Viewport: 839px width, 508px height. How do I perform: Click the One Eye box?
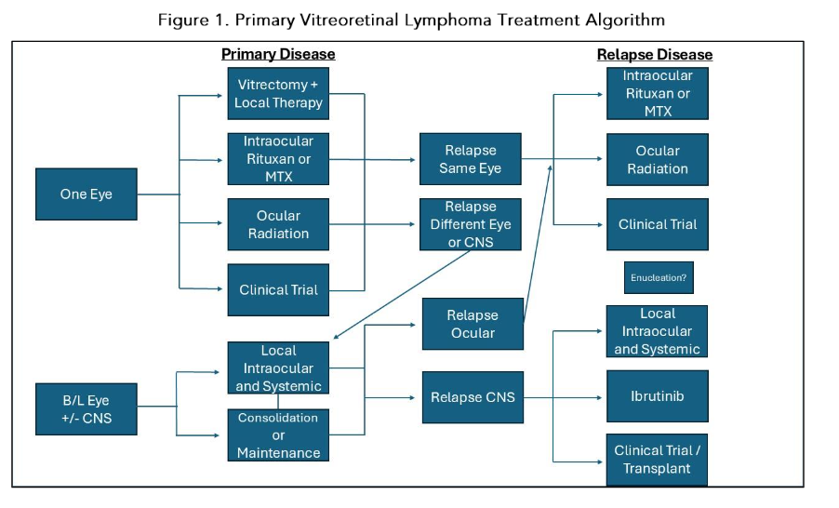point(86,194)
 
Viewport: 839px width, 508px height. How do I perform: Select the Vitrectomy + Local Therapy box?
point(278,93)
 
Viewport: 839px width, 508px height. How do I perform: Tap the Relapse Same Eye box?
point(470,159)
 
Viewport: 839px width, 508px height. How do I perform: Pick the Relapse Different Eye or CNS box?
point(470,224)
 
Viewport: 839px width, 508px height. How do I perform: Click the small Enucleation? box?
point(658,277)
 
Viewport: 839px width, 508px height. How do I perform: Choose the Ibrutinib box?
point(657,396)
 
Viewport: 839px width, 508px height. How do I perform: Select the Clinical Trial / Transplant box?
point(657,459)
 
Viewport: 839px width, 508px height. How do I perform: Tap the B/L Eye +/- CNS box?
point(86,409)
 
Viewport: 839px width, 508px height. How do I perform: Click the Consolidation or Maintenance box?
point(278,435)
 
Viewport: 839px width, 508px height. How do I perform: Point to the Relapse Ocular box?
point(472,324)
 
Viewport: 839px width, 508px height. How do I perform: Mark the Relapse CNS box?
point(472,397)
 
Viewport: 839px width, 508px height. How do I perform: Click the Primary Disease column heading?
point(278,54)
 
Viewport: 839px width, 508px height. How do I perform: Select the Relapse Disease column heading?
point(655,55)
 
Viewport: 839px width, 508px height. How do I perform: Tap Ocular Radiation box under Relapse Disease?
point(657,160)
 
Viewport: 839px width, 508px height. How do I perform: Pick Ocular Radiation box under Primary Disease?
point(278,224)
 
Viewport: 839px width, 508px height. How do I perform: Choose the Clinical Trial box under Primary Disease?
point(278,289)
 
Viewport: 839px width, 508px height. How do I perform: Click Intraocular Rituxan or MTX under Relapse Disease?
point(657,93)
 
